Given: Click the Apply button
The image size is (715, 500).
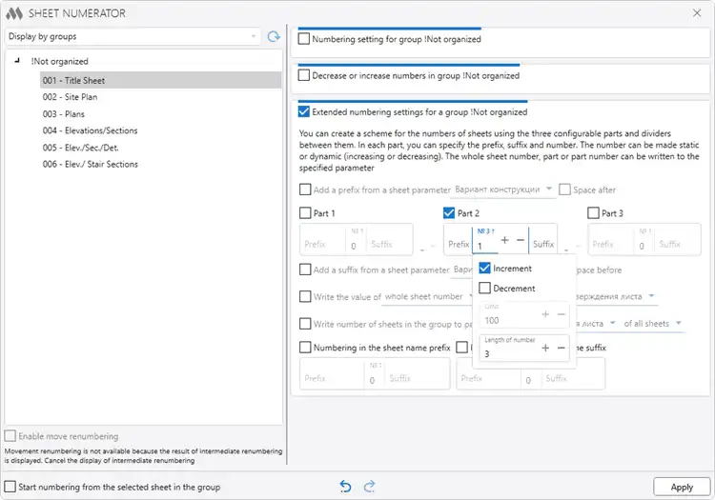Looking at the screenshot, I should (x=682, y=487).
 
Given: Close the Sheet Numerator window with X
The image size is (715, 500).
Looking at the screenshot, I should (x=694, y=13).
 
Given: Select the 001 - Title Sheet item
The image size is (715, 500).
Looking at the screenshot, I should (x=73, y=81).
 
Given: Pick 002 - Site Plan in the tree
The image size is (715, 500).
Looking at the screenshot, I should (x=70, y=97).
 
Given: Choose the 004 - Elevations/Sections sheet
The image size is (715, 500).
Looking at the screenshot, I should (x=90, y=130).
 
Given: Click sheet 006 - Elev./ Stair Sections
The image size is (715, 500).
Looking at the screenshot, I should (x=90, y=164).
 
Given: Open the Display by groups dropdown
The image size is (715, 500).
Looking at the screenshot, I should (x=132, y=36).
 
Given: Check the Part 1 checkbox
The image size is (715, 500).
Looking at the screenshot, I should (x=305, y=213).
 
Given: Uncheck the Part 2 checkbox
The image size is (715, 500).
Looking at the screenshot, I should (x=450, y=213).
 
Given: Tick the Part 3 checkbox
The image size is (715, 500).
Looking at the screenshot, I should (x=593, y=213).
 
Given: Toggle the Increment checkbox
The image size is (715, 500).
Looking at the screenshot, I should (x=485, y=269).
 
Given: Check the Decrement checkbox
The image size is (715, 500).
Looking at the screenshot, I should (x=485, y=288).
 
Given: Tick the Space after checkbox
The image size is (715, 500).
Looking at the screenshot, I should (x=565, y=190).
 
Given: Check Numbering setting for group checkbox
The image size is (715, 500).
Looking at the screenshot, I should (x=305, y=40).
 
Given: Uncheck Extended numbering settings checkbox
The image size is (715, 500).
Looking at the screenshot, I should (x=305, y=111).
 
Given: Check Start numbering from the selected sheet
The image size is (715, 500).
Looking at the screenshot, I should (x=11, y=487).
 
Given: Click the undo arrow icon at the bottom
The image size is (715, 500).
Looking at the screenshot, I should (x=345, y=487).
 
